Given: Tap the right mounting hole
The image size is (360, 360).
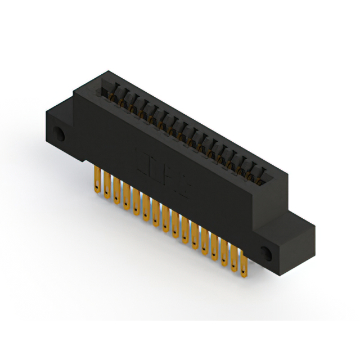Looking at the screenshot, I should (267, 253).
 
